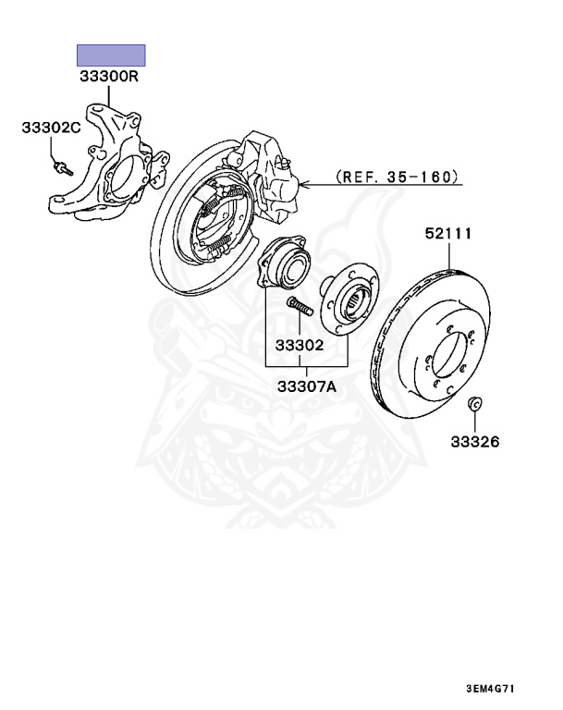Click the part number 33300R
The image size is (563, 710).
pos(110,78)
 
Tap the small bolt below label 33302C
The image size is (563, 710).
pos(64,167)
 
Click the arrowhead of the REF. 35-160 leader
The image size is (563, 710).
pos(301,185)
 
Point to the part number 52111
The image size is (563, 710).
pos(448,234)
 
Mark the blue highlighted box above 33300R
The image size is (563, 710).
pos(110,54)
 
